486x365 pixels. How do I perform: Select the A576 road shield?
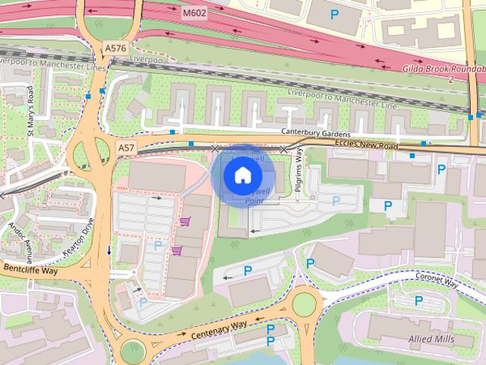116,48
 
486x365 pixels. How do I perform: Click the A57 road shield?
126,145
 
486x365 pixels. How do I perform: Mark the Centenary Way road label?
219,329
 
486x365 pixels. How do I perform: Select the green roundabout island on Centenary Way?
304,304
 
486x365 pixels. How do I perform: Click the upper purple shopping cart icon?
185,221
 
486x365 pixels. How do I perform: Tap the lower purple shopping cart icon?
177,250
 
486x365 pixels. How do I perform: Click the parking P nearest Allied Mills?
418,300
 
